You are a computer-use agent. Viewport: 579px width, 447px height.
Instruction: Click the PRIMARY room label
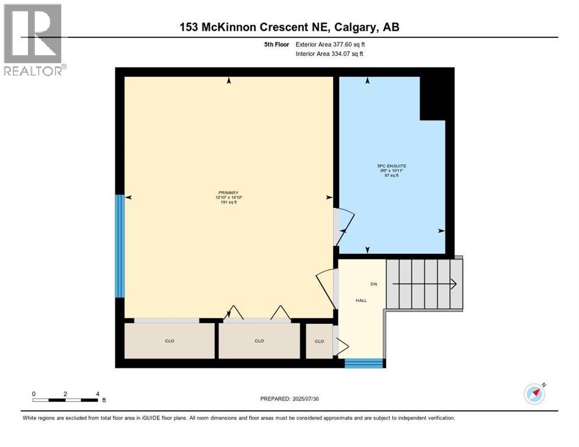228,193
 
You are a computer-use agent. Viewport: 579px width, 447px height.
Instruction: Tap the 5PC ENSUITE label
391,166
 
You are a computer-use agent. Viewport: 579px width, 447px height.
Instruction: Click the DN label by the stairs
374,284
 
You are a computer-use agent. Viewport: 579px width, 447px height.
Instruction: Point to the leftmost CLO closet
170,341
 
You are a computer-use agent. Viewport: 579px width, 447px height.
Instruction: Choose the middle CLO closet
259,341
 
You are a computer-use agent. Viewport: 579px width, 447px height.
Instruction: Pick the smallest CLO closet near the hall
319,341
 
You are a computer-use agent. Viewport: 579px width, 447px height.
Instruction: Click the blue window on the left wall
119,246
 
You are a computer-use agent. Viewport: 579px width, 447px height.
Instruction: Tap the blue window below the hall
364,364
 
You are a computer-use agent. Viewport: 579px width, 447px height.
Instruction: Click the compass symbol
534,393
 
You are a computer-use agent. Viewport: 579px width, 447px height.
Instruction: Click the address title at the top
289,27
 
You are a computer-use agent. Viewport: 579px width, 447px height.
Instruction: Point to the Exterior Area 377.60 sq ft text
330,44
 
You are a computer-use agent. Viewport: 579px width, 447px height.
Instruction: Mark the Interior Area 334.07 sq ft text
330,54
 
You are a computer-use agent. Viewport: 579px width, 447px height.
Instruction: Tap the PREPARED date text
289,399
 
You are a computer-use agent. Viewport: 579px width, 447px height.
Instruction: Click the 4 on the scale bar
97,393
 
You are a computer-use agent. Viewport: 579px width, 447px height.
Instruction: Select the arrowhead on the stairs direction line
453,284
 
